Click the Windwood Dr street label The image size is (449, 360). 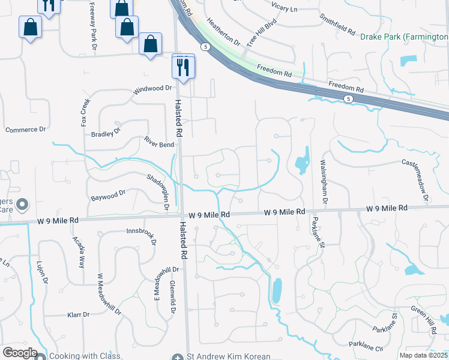152,88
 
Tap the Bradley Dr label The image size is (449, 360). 106,133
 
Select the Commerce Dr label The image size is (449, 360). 25,130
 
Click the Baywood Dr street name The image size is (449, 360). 108,193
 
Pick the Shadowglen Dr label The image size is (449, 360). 158,191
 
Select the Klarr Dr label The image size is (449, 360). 78,314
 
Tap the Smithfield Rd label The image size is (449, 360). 337,23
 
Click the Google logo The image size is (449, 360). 19,352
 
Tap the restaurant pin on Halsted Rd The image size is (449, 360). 183,67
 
